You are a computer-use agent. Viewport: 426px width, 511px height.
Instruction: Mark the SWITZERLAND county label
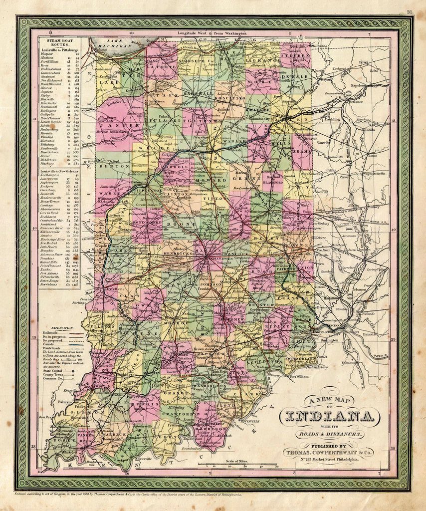pyautogui.click(x=300, y=358)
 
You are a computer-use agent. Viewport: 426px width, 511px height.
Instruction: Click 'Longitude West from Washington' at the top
pyautogui.click(x=213, y=33)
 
